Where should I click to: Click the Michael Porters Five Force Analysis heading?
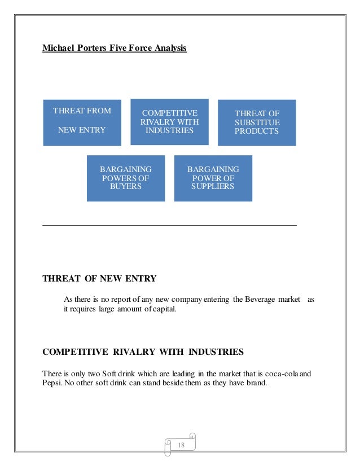point(115,48)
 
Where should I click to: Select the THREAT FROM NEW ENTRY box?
point(82,122)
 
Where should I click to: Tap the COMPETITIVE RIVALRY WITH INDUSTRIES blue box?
point(169,122)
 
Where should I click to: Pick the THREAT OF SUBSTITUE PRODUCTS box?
point(257,122)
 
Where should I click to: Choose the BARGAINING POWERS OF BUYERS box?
point(125,178)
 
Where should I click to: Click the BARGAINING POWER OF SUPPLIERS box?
point(213,178)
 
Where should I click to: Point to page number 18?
point(181,446)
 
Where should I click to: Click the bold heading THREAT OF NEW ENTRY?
point(99,278)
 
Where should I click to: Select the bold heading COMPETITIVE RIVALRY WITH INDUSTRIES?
point(143,352)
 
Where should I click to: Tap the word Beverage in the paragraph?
point(258,298)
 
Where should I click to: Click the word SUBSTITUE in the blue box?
point(257,122)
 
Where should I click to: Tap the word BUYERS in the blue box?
point(125,186)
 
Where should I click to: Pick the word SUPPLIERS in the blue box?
point(213,186)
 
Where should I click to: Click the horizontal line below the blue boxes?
point(169,226)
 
